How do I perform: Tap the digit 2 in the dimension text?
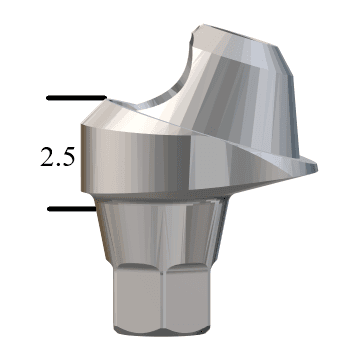[46, 156]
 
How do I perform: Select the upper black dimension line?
[75, 99]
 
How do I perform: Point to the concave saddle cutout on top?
[160, 95]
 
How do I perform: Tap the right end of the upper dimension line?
[101, 99]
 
